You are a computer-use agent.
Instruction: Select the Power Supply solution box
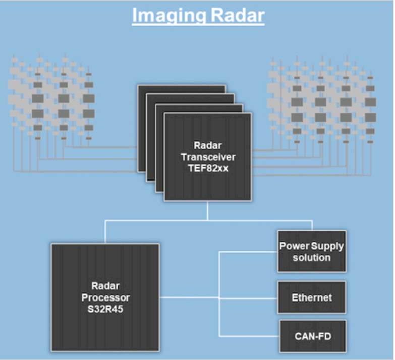pyautogui.click(x=312, y=252)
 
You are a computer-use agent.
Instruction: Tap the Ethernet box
pyautogui.click(x=312, y=297)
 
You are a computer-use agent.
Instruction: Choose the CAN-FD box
pyautogui.click(x=312, y=335)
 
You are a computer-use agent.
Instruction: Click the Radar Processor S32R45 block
pyautogui.click(x=105, y=297)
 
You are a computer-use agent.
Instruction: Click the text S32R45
pyautogui.click(x=104, y=307)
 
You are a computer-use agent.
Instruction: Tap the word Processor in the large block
pyautogui.click(x=104, y=296)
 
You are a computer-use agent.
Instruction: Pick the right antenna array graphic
pyautogui.click(x=323, y=101)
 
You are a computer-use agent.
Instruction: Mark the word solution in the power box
pyautogui.click(x=312, y=257)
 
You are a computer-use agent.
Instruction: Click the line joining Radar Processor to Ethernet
pyautogui.click(x=189, y=297)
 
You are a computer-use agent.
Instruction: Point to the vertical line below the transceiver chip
pyautogui.click(x=208, y=211)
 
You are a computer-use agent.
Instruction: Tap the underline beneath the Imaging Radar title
pyautogui.click(x=198, y=24)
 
